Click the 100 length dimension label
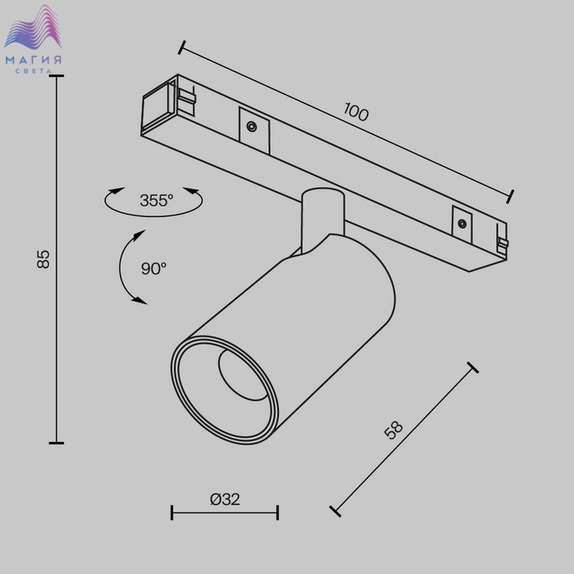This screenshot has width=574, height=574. pos(356,112)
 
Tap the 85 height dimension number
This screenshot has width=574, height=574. pos(43,259)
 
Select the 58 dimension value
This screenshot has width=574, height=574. pos(394,430)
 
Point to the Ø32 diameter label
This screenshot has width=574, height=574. pos(225,499)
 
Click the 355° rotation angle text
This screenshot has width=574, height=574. pos(157,200)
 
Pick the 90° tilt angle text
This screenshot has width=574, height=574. pos(154,269)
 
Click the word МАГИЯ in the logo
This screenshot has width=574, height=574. pos(34,60)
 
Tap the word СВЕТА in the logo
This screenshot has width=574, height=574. pos(34,71)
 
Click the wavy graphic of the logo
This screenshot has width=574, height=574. pos(33,27)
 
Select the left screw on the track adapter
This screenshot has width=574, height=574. pos(252,126)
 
